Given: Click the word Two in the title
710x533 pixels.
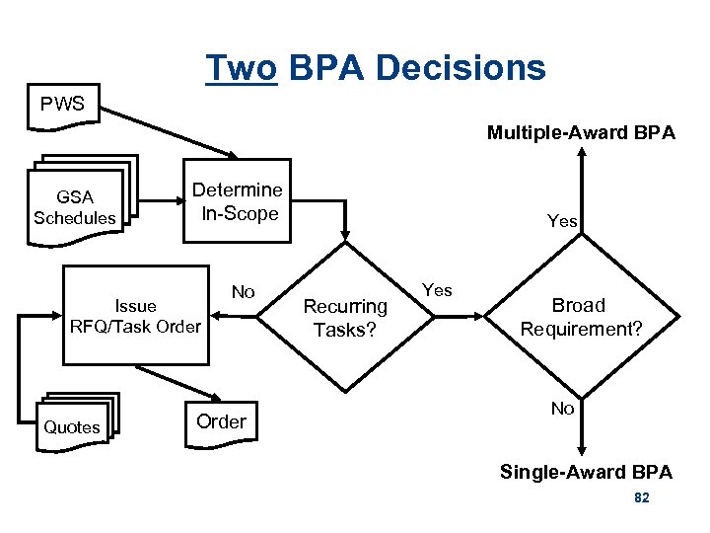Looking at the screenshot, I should (242, 68).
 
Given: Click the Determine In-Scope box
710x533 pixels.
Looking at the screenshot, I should (237, 200).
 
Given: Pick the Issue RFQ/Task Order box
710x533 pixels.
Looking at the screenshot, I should (135, 316).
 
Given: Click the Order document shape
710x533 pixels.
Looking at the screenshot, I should (221, 422).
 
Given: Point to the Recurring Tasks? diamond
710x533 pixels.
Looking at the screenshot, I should (344, 317).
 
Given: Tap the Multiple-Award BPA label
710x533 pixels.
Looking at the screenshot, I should (581, 132).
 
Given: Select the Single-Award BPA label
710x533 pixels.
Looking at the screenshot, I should (586, 472).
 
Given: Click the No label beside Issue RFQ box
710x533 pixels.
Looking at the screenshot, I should (243, 291).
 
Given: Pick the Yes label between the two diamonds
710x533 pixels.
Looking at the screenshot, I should (437, 289).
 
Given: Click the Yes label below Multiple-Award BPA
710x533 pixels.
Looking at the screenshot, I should (562, 221).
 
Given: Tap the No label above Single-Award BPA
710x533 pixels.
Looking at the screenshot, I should (562, 408).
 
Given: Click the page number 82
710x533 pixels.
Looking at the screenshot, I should (641, 498).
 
